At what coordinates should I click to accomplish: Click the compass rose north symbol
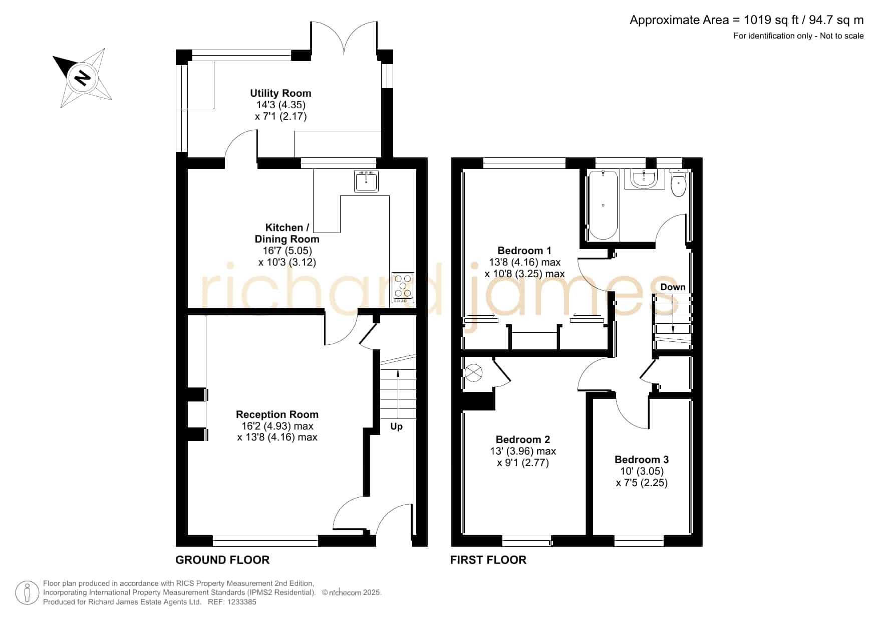click(83, 78)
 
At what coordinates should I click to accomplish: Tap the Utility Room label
click(280, 93)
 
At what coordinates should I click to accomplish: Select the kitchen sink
click(366, 181)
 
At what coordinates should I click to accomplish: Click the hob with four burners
click(403, 288)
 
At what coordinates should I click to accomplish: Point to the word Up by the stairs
click(396, 427)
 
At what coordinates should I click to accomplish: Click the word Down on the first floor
click(673, 287)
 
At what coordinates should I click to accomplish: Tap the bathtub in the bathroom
click(603, 205)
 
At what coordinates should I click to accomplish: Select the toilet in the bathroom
click(678, 182)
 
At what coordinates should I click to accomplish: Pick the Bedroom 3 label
click(642, 460)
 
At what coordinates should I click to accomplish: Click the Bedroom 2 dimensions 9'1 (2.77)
click(523, 463)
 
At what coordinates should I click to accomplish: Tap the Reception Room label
click(277, 414)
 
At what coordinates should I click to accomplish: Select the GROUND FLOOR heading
click(222, 560)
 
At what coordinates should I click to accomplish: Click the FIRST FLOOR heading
click(488, 560)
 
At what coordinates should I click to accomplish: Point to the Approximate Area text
click(746, 20)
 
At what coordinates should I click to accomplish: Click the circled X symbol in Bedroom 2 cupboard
click(474, 373)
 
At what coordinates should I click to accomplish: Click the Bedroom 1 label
click(524, 251)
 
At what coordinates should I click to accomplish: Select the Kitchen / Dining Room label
click(287, 233)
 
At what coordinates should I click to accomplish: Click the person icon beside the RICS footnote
click(28, 593)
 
